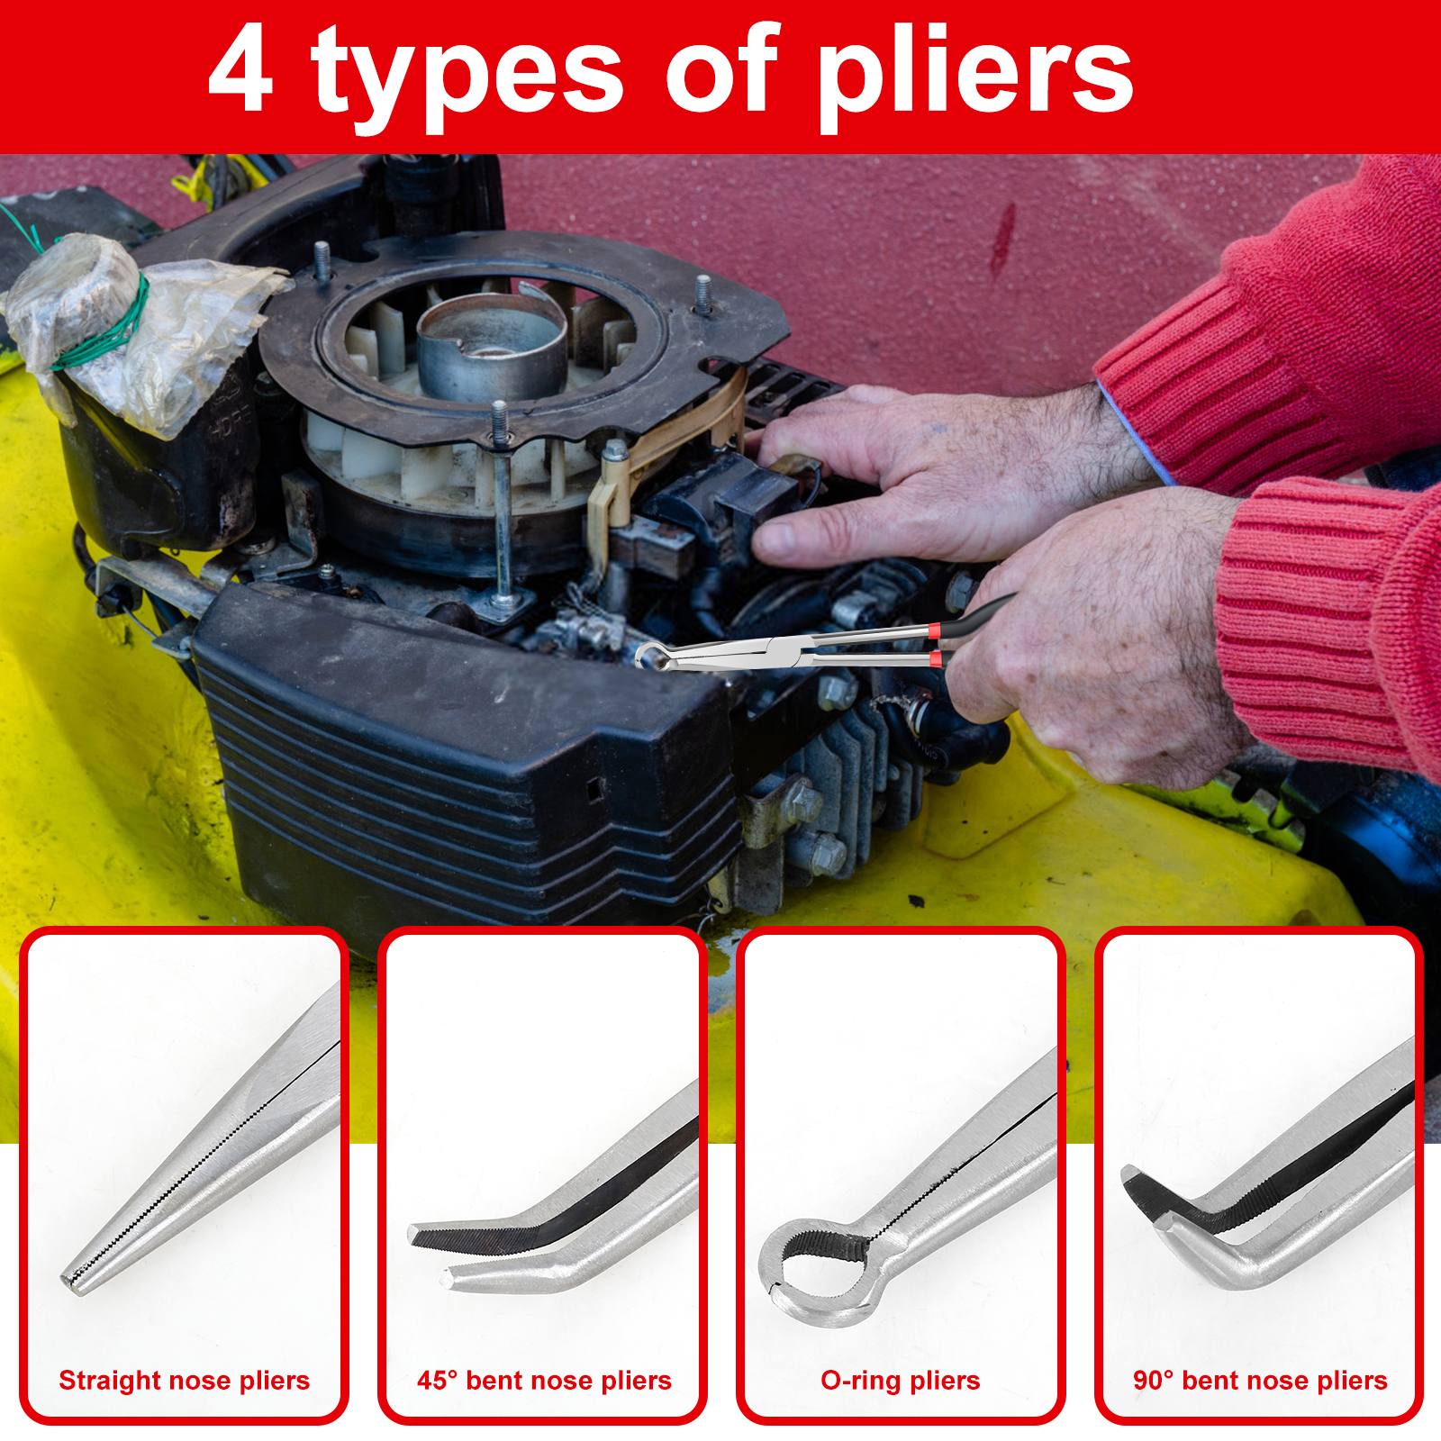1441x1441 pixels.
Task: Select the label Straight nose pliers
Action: pyautogui.click(x=184, y=1380)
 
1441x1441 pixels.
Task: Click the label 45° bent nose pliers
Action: pyautogui.click(x=544, y=1380)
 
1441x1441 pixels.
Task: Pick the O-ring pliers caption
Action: pyautogui.click(x=901, y=1380)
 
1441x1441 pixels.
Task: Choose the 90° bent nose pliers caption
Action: pyautogui.click(x=1260, y=1380)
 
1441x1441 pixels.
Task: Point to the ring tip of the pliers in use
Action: pyautogui.click(x=654, y=657)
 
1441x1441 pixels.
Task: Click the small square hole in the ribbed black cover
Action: pyautogui.click(x=594, y=789)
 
